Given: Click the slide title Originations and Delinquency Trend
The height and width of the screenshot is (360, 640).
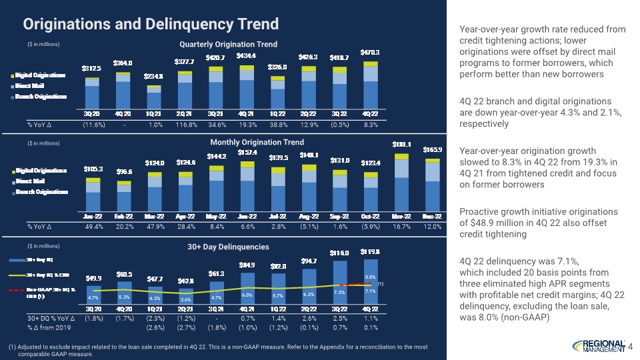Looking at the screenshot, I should click(x=151, y=25).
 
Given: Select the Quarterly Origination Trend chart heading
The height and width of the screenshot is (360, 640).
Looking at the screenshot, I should click(x=229, y=44).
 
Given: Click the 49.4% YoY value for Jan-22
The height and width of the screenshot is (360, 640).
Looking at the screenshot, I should click(x=92, y=227).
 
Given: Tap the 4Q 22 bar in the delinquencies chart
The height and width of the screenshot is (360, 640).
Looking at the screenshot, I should click(x=371, y=287).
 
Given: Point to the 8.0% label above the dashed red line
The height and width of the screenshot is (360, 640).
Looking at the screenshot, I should click(x=371, y=276).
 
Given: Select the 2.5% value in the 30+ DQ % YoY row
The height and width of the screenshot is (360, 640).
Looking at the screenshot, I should click(x=339, y=319).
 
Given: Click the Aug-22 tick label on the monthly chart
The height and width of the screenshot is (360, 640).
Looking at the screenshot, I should click(x=309, y=216).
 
